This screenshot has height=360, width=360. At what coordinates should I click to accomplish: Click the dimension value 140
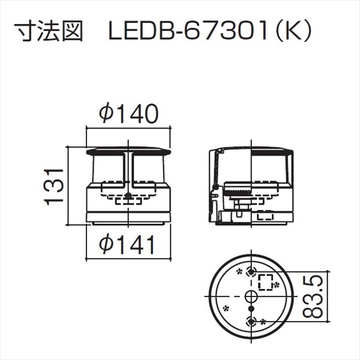click(x=137, y=114)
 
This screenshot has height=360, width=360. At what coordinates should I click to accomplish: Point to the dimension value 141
click(x=137, y=244)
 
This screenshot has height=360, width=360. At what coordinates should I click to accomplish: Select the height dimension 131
click(x=55, y=185)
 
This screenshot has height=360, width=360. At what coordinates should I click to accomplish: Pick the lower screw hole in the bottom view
click(x=251, y=321)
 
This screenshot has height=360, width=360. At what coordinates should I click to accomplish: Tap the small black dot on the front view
click(x=128, y=197)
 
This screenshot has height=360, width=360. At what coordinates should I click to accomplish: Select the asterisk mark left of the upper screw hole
click(x=239, y=271)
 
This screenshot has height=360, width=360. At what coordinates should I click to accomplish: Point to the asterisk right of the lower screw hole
click(x=262, y=322)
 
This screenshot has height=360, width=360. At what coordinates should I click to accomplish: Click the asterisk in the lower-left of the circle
click(x=226, y=309)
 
